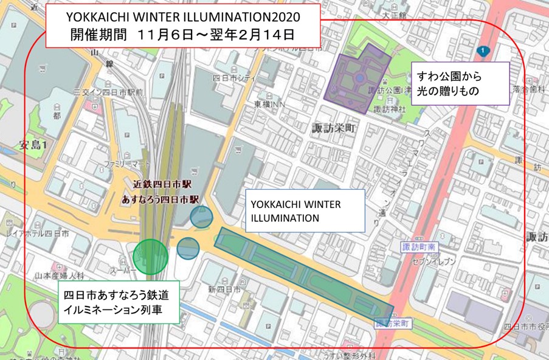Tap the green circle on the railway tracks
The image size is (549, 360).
150,256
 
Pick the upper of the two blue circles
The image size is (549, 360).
201,216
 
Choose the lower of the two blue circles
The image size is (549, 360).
188,247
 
